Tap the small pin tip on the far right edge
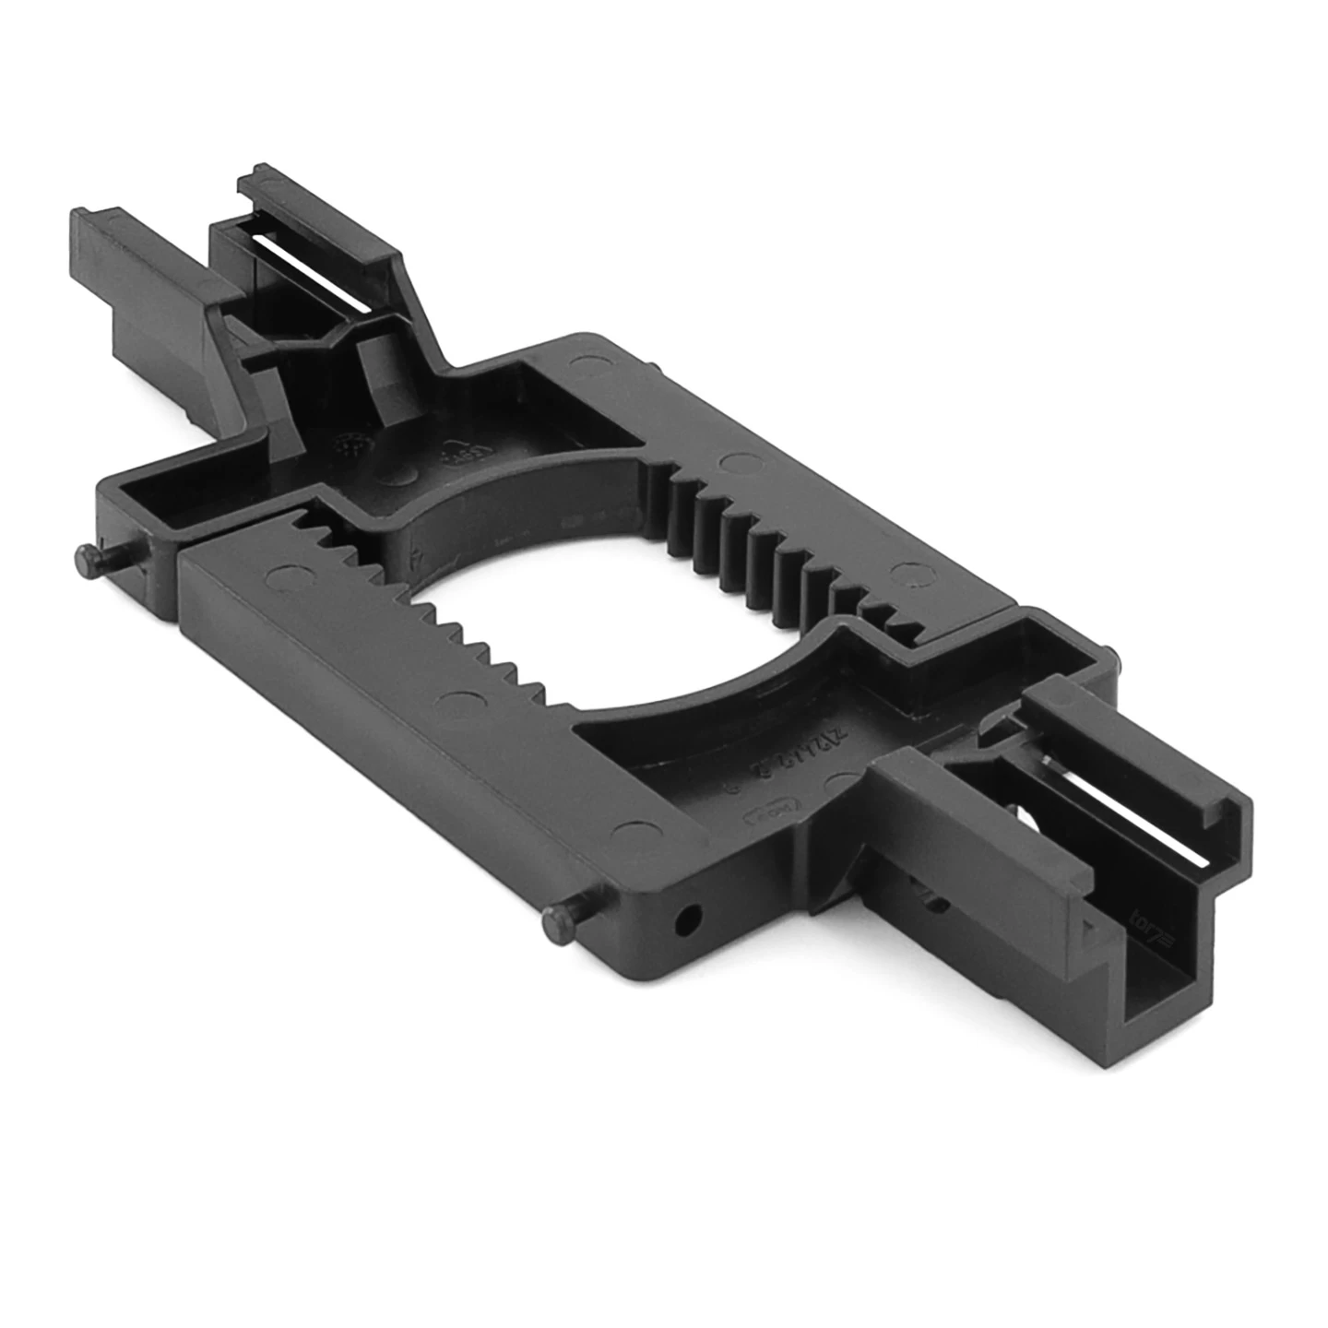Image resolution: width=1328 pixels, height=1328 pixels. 1117,657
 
